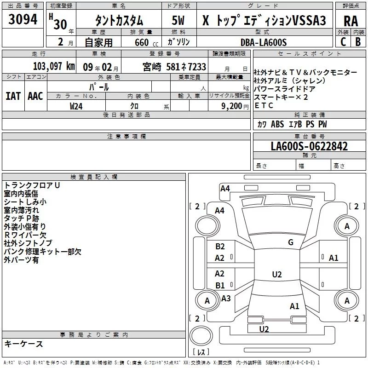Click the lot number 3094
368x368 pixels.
tap(23, 20)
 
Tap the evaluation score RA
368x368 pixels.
tap(351, 21)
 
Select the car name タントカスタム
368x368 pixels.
tap(119, 21)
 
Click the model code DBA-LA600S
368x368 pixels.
tap(264, 42)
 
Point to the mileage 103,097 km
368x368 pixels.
tap(54, 66)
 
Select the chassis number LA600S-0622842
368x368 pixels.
tap(309, 147)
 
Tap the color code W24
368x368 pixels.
tap(76, 106)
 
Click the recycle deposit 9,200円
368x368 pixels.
tap(235, 106)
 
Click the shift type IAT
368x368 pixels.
tap(13, 96)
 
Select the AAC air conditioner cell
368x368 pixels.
tap(35, 96)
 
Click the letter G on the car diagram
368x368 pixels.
tap(291, 242)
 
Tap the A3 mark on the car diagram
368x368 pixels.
tap(226, 299)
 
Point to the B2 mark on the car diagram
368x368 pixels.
tap(220, 247)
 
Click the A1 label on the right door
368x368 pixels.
tap(333, 258)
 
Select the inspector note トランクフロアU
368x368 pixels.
tap(32, 185)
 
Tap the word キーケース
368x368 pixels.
tap(23, 344)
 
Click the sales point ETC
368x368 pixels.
tap(264, 106)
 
